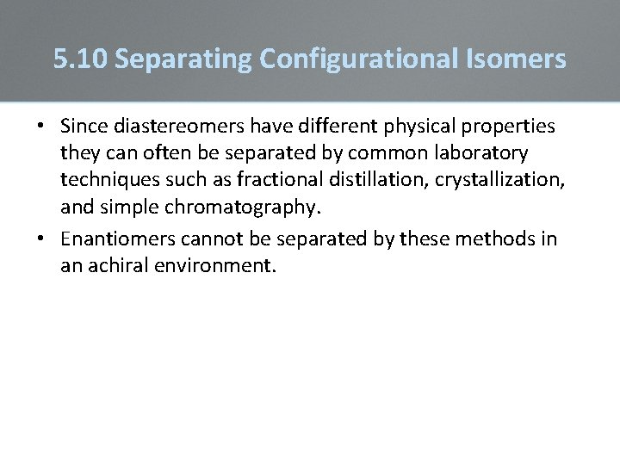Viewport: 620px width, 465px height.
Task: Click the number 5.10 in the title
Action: pos(80,59)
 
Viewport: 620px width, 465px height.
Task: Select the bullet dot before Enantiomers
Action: pos(40,239)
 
